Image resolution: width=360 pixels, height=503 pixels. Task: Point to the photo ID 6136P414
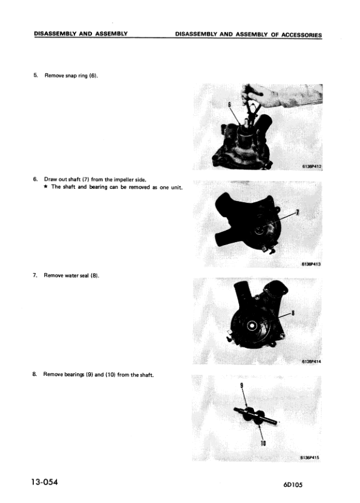pyautogui.click(x=310, y=362)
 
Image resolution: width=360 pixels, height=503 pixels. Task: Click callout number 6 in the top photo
pyautogui.click(x=229, y=104)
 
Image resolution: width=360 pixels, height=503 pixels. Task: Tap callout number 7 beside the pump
pyautogui.click(x=297, y=212)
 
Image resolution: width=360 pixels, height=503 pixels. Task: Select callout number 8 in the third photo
pyautogui.click(x=293, y=312)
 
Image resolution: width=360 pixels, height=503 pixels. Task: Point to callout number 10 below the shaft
pyautogui.click(x=264, y=444)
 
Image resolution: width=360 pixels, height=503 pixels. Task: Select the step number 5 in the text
pyautogui.click(x=35, y=76)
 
